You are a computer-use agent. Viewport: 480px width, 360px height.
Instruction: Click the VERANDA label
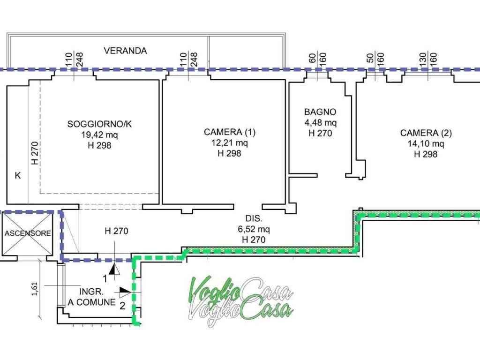click(125, 51)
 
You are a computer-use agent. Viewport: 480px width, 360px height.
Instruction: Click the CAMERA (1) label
click(230, 132)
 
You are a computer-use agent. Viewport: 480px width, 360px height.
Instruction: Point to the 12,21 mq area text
click(230, 142)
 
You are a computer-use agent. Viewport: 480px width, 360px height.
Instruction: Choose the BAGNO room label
click(320, 112)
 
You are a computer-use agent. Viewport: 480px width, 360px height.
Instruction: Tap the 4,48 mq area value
click(320, 123)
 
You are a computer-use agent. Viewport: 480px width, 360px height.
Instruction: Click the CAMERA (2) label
click(426, 133)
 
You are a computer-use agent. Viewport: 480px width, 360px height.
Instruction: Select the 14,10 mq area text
click(426, 144)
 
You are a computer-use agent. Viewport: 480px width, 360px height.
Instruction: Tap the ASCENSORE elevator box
click(28, 233)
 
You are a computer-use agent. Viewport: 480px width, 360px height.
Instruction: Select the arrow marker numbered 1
click(112, 269)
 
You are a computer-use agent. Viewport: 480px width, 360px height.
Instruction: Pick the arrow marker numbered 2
click(125, 292)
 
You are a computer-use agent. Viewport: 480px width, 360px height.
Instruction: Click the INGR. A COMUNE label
click(92, 297)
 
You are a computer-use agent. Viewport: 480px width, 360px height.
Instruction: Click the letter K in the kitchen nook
click(18, 176)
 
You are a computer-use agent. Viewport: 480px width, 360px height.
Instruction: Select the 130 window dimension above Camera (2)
click(422, 59)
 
